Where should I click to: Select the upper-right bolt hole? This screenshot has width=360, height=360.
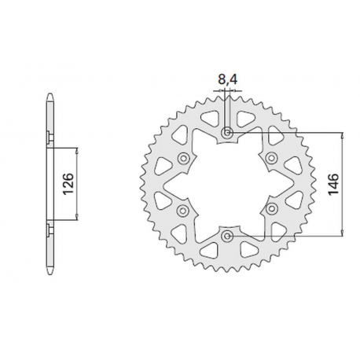pos(272,159)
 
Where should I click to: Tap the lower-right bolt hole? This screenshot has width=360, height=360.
pos(272,209)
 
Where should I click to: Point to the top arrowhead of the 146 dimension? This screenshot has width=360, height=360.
pos(342,136)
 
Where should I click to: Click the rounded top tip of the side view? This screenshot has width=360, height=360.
pos(49,98)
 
